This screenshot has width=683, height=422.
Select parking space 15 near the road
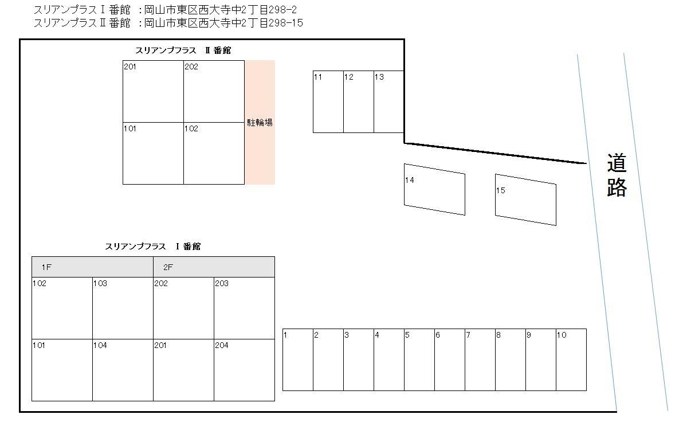pos(525,200)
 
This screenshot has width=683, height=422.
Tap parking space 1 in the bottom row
pos(298,360)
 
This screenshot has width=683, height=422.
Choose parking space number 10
pos(571,360)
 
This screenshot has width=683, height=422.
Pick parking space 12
pos(359,102)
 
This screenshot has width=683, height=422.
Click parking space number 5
pos(419,360)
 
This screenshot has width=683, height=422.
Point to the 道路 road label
pos(617,175)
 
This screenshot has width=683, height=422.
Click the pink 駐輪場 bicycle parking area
pos(260,122)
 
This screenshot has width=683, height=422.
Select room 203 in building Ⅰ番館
pos(244,308)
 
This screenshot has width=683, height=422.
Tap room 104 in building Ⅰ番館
pos(123,370)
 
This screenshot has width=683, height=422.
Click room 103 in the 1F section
pos(123,308)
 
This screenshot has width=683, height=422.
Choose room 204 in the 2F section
pos(244,370)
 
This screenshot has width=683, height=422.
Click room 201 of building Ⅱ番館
pos(153,91)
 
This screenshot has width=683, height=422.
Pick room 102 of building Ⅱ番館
pos(214,153)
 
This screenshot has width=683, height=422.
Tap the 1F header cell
pos(92,267)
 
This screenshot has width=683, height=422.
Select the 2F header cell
pos(214,267)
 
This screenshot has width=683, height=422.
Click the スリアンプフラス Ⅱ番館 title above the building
pos(183,50)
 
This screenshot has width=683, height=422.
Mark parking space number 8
pos(511,360)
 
